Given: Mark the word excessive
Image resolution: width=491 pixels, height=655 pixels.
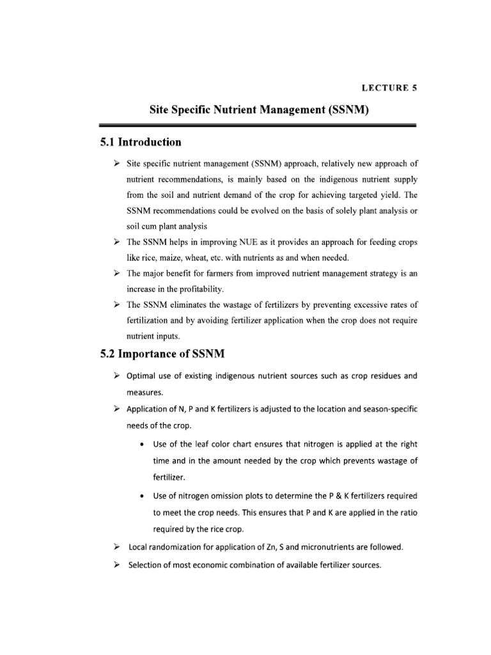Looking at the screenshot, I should (x=360, y=304).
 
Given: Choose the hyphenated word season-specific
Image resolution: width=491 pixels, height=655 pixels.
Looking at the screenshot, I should (x=384, y=409).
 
